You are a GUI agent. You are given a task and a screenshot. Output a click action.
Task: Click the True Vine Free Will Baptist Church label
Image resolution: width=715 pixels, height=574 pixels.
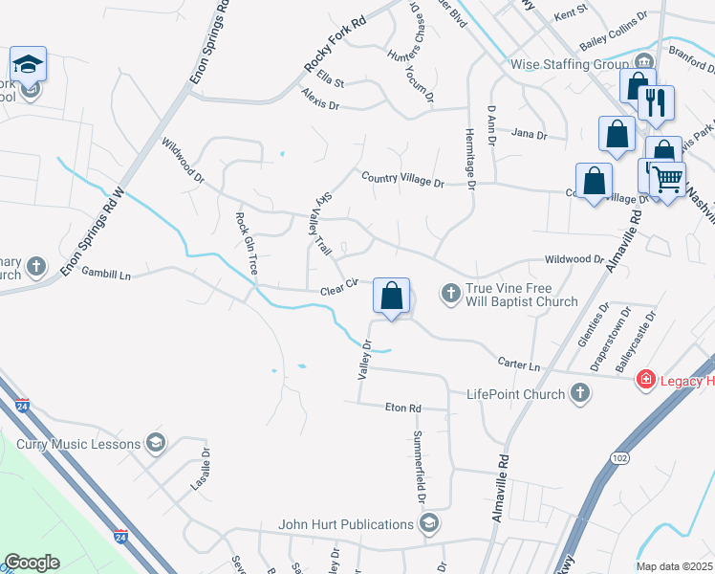pos(522,295)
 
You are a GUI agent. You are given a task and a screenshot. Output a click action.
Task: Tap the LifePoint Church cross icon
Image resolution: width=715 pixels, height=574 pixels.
pos(578,392)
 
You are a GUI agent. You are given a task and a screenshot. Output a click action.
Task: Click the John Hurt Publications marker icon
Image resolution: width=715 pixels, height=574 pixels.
pos(429,523)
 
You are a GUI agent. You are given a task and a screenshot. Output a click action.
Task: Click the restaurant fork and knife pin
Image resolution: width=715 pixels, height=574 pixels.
pos(656,103)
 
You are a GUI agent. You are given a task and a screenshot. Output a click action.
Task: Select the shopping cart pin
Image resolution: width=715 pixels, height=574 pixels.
pos(668,178)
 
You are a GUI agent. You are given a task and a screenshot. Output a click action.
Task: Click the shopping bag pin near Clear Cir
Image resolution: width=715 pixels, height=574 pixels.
pos(391,296)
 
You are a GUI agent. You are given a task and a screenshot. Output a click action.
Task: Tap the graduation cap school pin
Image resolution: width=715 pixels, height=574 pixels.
pos(29,66)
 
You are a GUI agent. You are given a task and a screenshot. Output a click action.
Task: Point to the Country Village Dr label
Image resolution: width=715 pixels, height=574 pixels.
pos(402,180)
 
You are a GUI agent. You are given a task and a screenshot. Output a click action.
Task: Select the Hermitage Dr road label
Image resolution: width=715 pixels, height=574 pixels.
pos(469,158)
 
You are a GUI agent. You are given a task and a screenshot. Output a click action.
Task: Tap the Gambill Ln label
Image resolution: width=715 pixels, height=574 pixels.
pos(105,274)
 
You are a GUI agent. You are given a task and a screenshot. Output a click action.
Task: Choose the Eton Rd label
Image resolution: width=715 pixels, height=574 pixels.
pos(402,408)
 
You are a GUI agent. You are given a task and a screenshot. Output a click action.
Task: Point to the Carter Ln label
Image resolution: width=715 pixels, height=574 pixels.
pos(519,364)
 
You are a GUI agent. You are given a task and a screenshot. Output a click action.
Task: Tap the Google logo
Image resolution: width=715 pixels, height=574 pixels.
pos(32,563)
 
